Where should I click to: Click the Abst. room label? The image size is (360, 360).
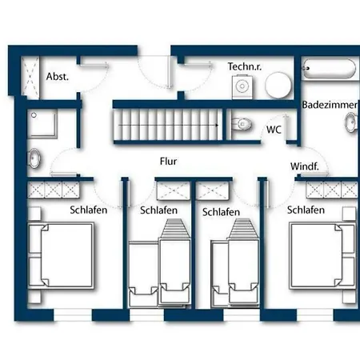click(x=58, y=77)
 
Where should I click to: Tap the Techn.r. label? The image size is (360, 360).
click(x=245, y=66)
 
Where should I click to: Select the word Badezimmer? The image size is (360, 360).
click(x=330, y=105)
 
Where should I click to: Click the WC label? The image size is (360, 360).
click(x=274, y=130)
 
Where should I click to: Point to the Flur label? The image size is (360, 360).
click(x=168, y=162)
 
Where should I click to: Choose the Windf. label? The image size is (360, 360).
click(x=305, y=166)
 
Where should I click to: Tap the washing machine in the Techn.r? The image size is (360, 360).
click(x=242, y=86)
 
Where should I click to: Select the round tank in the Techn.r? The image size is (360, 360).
click(x=278, y=85)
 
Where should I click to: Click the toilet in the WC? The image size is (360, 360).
click(x=242, y=124)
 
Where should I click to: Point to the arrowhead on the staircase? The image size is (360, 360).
click(x=217, y=125)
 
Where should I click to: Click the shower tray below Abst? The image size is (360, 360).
click(x=42, y=124)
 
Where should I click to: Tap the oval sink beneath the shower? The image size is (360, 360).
click(x=34, y=158)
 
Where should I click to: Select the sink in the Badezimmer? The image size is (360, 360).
click(x=351, y=122)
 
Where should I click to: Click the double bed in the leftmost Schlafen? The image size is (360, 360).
click(x=61, y=256)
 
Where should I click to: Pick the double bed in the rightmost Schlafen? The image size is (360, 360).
click(x=322, y=256)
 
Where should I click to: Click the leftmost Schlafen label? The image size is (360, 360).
click(x=89, y=210)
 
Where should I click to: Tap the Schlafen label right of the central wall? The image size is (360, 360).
click(x=221, y=212)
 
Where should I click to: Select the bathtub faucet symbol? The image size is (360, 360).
click(x=306, y=68)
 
